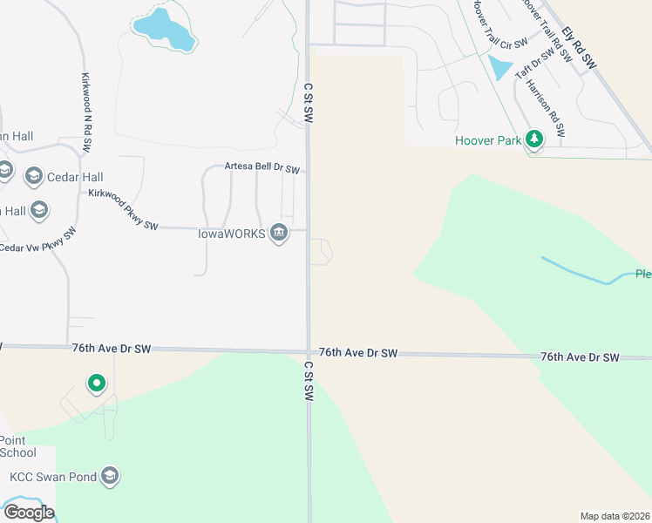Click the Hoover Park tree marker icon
coord(534,139)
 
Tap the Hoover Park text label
coord(487,139)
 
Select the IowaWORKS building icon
coord(279,234)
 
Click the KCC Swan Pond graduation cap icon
coord(109,476)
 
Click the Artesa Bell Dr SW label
coord(262,167)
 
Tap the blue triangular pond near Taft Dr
coord(499,67)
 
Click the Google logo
coord(29,513)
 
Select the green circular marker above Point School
coord(96,383)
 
